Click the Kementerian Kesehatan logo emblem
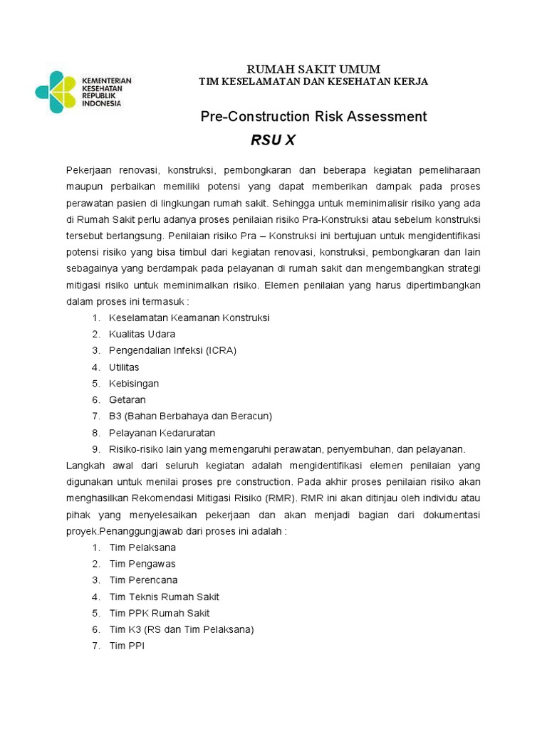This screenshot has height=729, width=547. [56, 91]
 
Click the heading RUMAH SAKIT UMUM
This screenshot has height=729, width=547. [313, 69]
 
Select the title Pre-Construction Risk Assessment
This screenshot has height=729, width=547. [313, 117]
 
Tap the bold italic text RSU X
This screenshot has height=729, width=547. [273, 140]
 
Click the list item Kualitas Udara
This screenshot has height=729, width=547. [142, 334]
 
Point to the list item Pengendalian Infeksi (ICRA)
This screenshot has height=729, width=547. [172, 350]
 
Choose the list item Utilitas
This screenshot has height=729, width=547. [124, 367]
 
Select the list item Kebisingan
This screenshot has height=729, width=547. [134, 384]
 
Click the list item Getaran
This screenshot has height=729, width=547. [127, 400]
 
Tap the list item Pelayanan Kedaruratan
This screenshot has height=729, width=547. [162, 433]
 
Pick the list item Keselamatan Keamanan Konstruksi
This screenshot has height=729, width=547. [189, 318]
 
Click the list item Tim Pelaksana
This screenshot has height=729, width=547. [142, 548]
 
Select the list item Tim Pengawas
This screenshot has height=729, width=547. [142, 564]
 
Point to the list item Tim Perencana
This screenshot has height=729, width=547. [143, 580]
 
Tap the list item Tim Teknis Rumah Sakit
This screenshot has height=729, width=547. [164, 597]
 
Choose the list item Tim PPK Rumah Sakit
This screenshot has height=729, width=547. [160, 613]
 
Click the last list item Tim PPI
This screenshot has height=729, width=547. [127, 646]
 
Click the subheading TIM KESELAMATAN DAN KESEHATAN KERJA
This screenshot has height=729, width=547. [313, 82]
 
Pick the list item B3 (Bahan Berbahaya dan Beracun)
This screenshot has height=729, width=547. [190, 416]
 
